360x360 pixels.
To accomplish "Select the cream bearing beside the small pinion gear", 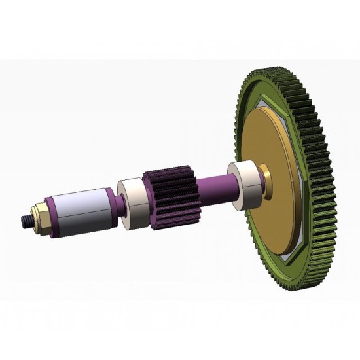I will tap(134, 199).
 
